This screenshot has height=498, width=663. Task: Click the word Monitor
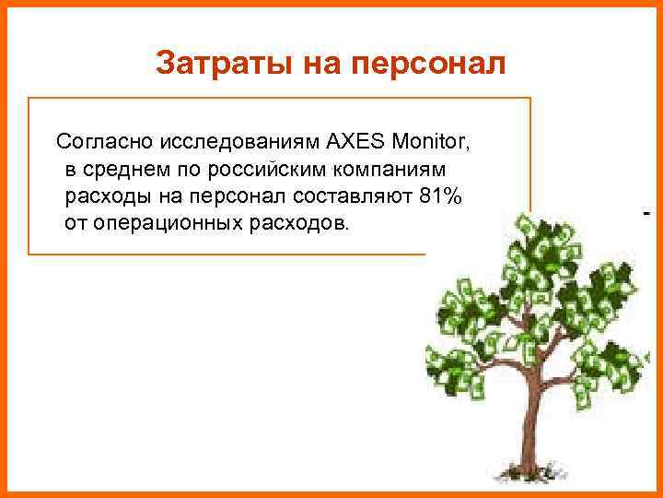431,143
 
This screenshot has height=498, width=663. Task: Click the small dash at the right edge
646,213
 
